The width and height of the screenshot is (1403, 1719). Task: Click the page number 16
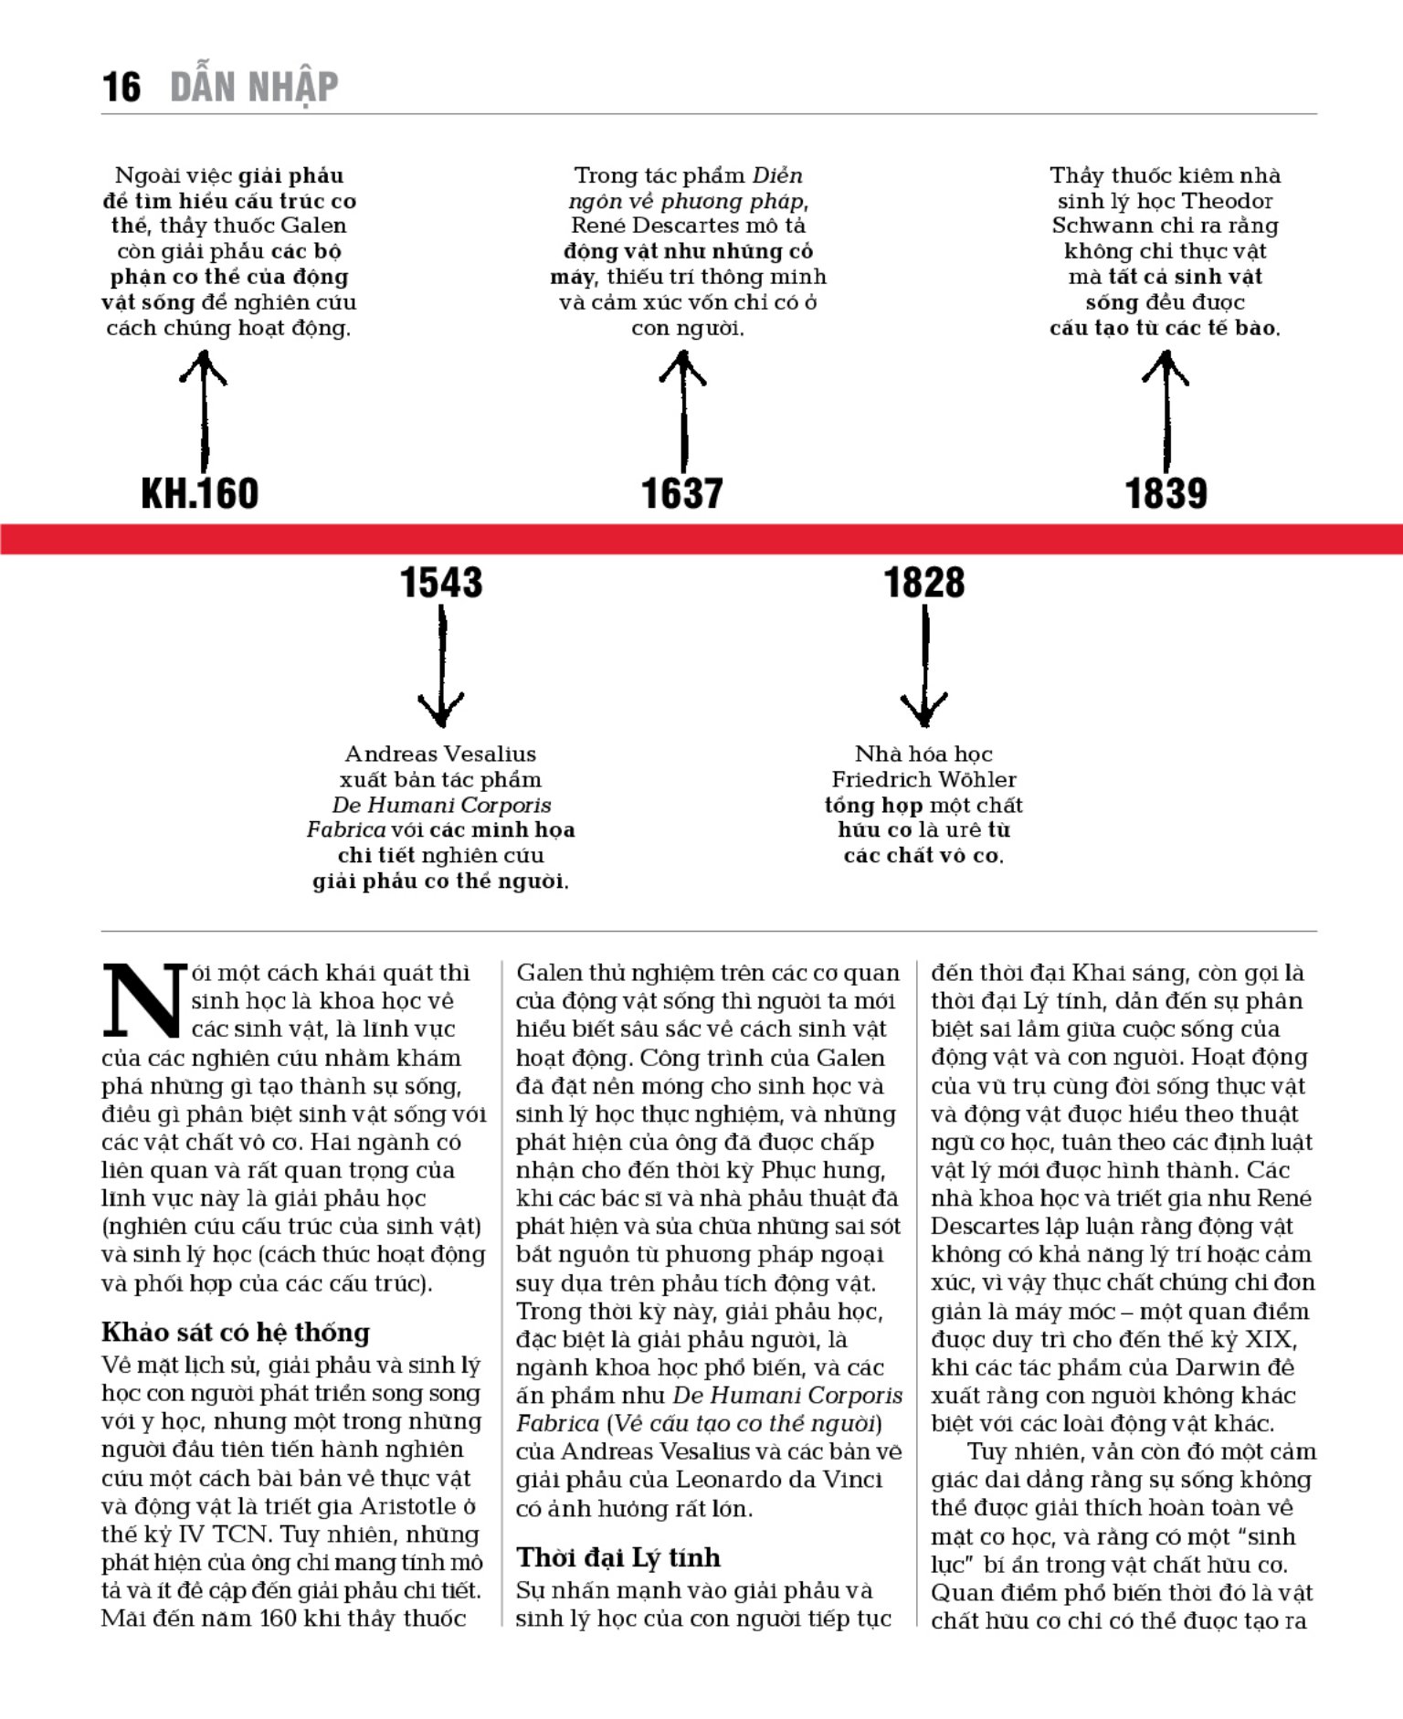[121, 88]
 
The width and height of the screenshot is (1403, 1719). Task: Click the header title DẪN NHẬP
[254, 88]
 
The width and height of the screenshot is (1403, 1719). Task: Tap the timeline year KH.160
[200, 493]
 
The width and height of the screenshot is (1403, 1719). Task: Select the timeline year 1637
[682, 493]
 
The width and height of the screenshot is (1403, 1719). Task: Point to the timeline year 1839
[1166, 493]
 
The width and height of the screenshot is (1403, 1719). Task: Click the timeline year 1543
[441, 583]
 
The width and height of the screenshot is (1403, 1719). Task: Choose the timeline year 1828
[924, 583]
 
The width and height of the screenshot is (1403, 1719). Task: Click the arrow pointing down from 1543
[441, 667]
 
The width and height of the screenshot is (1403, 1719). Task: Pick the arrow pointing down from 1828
[924, 667]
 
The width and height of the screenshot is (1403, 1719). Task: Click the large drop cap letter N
[143, 999]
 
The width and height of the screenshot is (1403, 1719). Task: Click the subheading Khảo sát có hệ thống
[236, 1333]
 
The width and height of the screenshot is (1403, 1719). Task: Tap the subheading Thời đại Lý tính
[618, 1557]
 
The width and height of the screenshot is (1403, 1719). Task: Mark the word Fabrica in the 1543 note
[345, 829]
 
